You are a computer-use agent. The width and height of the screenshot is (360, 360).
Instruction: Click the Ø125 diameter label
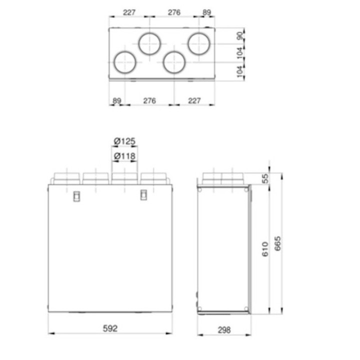tap(124, 141)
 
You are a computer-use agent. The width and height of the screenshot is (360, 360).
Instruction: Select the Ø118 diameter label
tap(124, 156)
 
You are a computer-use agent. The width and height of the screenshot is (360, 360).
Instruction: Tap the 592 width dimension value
tap(110, 328)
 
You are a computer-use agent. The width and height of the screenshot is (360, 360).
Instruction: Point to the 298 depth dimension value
tap(224, 330)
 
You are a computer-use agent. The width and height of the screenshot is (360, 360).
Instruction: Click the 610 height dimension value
tap(265, 249)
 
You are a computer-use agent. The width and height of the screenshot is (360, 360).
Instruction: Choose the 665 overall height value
tap(277, 243)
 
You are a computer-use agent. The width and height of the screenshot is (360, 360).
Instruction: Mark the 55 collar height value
tap(265, 178)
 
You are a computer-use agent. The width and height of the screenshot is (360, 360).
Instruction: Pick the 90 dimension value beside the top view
tap(239, 36)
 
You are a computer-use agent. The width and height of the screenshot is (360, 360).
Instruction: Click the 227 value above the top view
tap(129, 12)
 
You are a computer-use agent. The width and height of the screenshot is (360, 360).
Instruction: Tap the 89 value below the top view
tap(116, 100)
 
